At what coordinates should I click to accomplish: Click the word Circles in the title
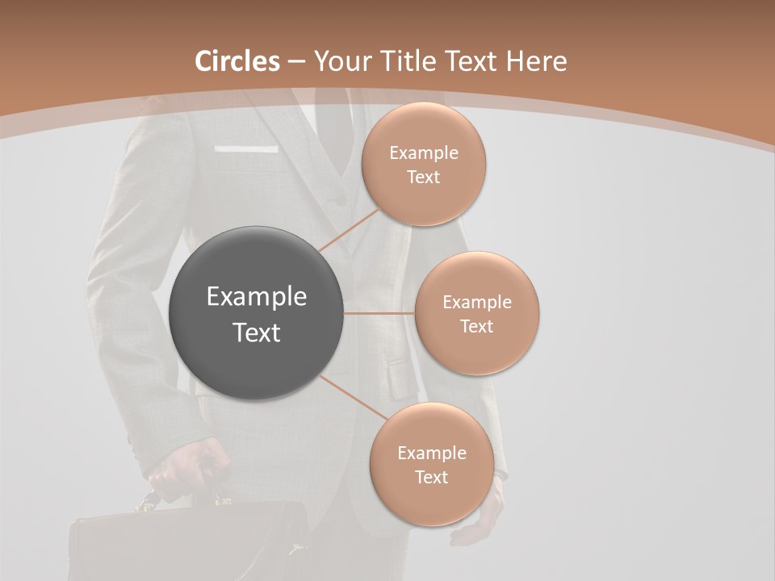pos(237,61)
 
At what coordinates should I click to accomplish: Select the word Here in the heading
pos(536,61)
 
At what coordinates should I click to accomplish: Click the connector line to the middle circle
pos(379,313)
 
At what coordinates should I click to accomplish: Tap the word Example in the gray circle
pos(256,297)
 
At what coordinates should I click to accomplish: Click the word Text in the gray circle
pos(256,332)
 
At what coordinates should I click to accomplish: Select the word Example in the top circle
pos(424,153)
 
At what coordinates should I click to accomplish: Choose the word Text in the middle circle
pos(476,326)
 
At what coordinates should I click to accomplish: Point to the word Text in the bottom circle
pos(431,477)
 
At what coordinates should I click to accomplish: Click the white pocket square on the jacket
pos(246,149)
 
